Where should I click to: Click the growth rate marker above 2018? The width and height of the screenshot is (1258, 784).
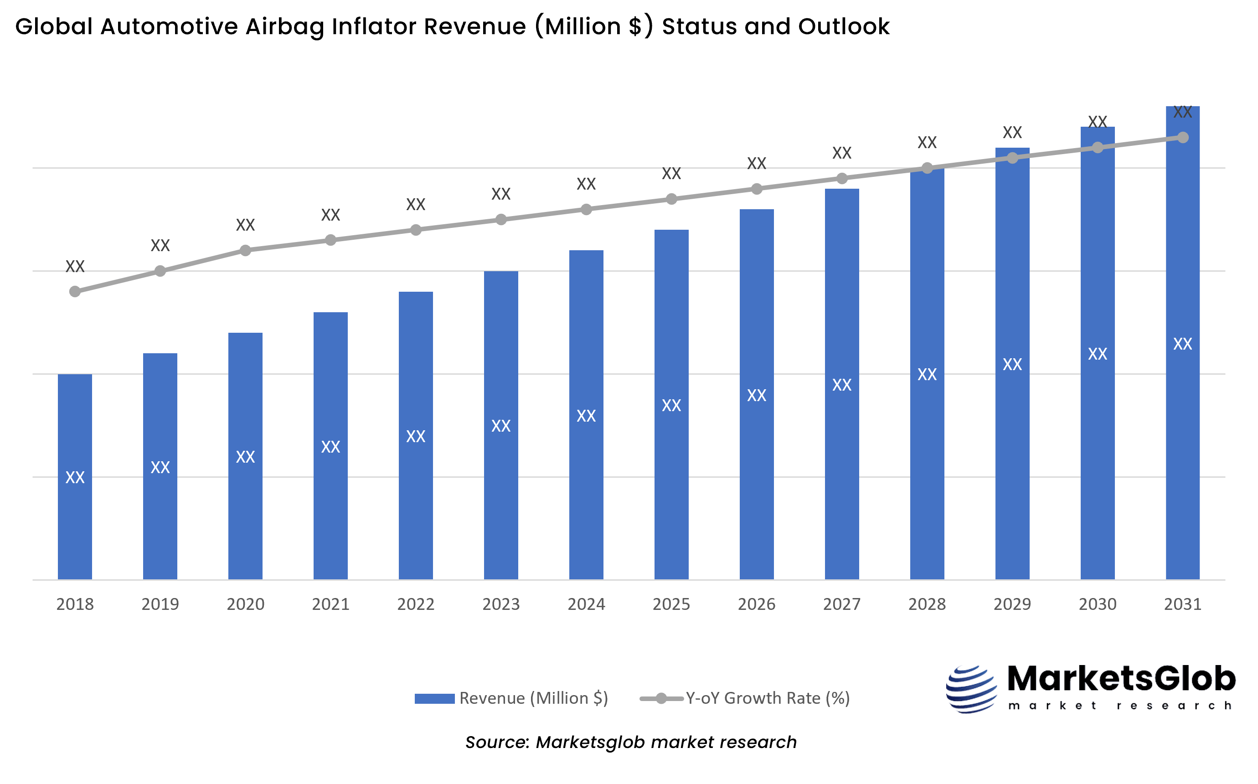75,292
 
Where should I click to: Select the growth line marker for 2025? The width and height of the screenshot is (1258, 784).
671,199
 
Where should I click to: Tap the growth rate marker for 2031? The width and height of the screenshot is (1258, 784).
1183,137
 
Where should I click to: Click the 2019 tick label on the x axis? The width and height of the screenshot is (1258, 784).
160,604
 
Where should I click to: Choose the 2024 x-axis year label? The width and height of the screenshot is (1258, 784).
586,604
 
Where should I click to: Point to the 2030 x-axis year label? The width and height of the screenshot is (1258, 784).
1097,604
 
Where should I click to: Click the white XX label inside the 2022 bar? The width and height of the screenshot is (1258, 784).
416,437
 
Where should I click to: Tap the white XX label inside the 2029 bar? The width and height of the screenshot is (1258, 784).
1012,365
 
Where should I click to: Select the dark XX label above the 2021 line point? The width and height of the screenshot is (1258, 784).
331,215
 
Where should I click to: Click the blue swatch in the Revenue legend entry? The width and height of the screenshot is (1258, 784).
434,698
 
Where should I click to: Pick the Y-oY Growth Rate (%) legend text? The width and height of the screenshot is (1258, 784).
768,698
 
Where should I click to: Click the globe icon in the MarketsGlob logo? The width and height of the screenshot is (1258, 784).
971,690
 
